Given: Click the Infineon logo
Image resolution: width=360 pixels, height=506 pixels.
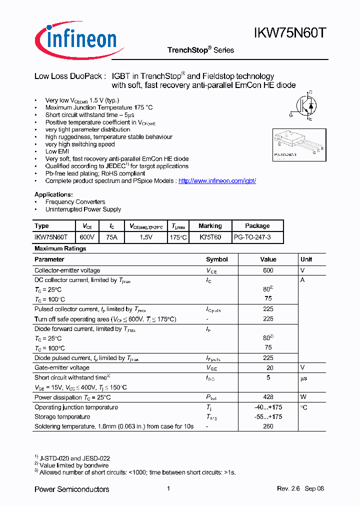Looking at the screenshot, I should point(75,38).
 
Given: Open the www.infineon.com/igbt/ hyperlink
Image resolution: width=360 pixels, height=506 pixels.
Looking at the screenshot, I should point(217,181).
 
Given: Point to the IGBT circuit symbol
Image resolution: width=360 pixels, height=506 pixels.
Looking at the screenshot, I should point(305,105).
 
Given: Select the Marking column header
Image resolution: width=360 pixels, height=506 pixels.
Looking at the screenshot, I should point(210,226).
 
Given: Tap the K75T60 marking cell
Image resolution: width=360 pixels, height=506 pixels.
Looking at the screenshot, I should point(210,237).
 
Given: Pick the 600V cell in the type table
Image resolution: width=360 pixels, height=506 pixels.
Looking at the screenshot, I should point(87,237).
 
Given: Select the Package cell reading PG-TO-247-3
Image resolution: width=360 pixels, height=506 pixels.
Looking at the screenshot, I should point(252,237).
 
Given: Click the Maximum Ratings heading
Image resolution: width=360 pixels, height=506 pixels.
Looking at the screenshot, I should point(60,248).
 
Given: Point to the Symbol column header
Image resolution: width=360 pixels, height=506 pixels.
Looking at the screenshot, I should point(217,259).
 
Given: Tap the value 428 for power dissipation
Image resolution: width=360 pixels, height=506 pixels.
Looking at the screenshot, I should point(268,397).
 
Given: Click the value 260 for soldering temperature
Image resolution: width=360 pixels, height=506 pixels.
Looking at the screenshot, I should point(268,426).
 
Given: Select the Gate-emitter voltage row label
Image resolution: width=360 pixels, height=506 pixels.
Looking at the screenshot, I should point(62,367).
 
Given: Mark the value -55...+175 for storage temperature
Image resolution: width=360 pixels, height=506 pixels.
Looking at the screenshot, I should point(268,417).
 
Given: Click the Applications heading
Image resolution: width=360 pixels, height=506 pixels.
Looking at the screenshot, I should point(53,194).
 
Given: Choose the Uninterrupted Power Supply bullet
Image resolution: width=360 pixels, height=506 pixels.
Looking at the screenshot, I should point(83,209).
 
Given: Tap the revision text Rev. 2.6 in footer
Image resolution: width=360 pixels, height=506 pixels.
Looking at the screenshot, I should point(288,489).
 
